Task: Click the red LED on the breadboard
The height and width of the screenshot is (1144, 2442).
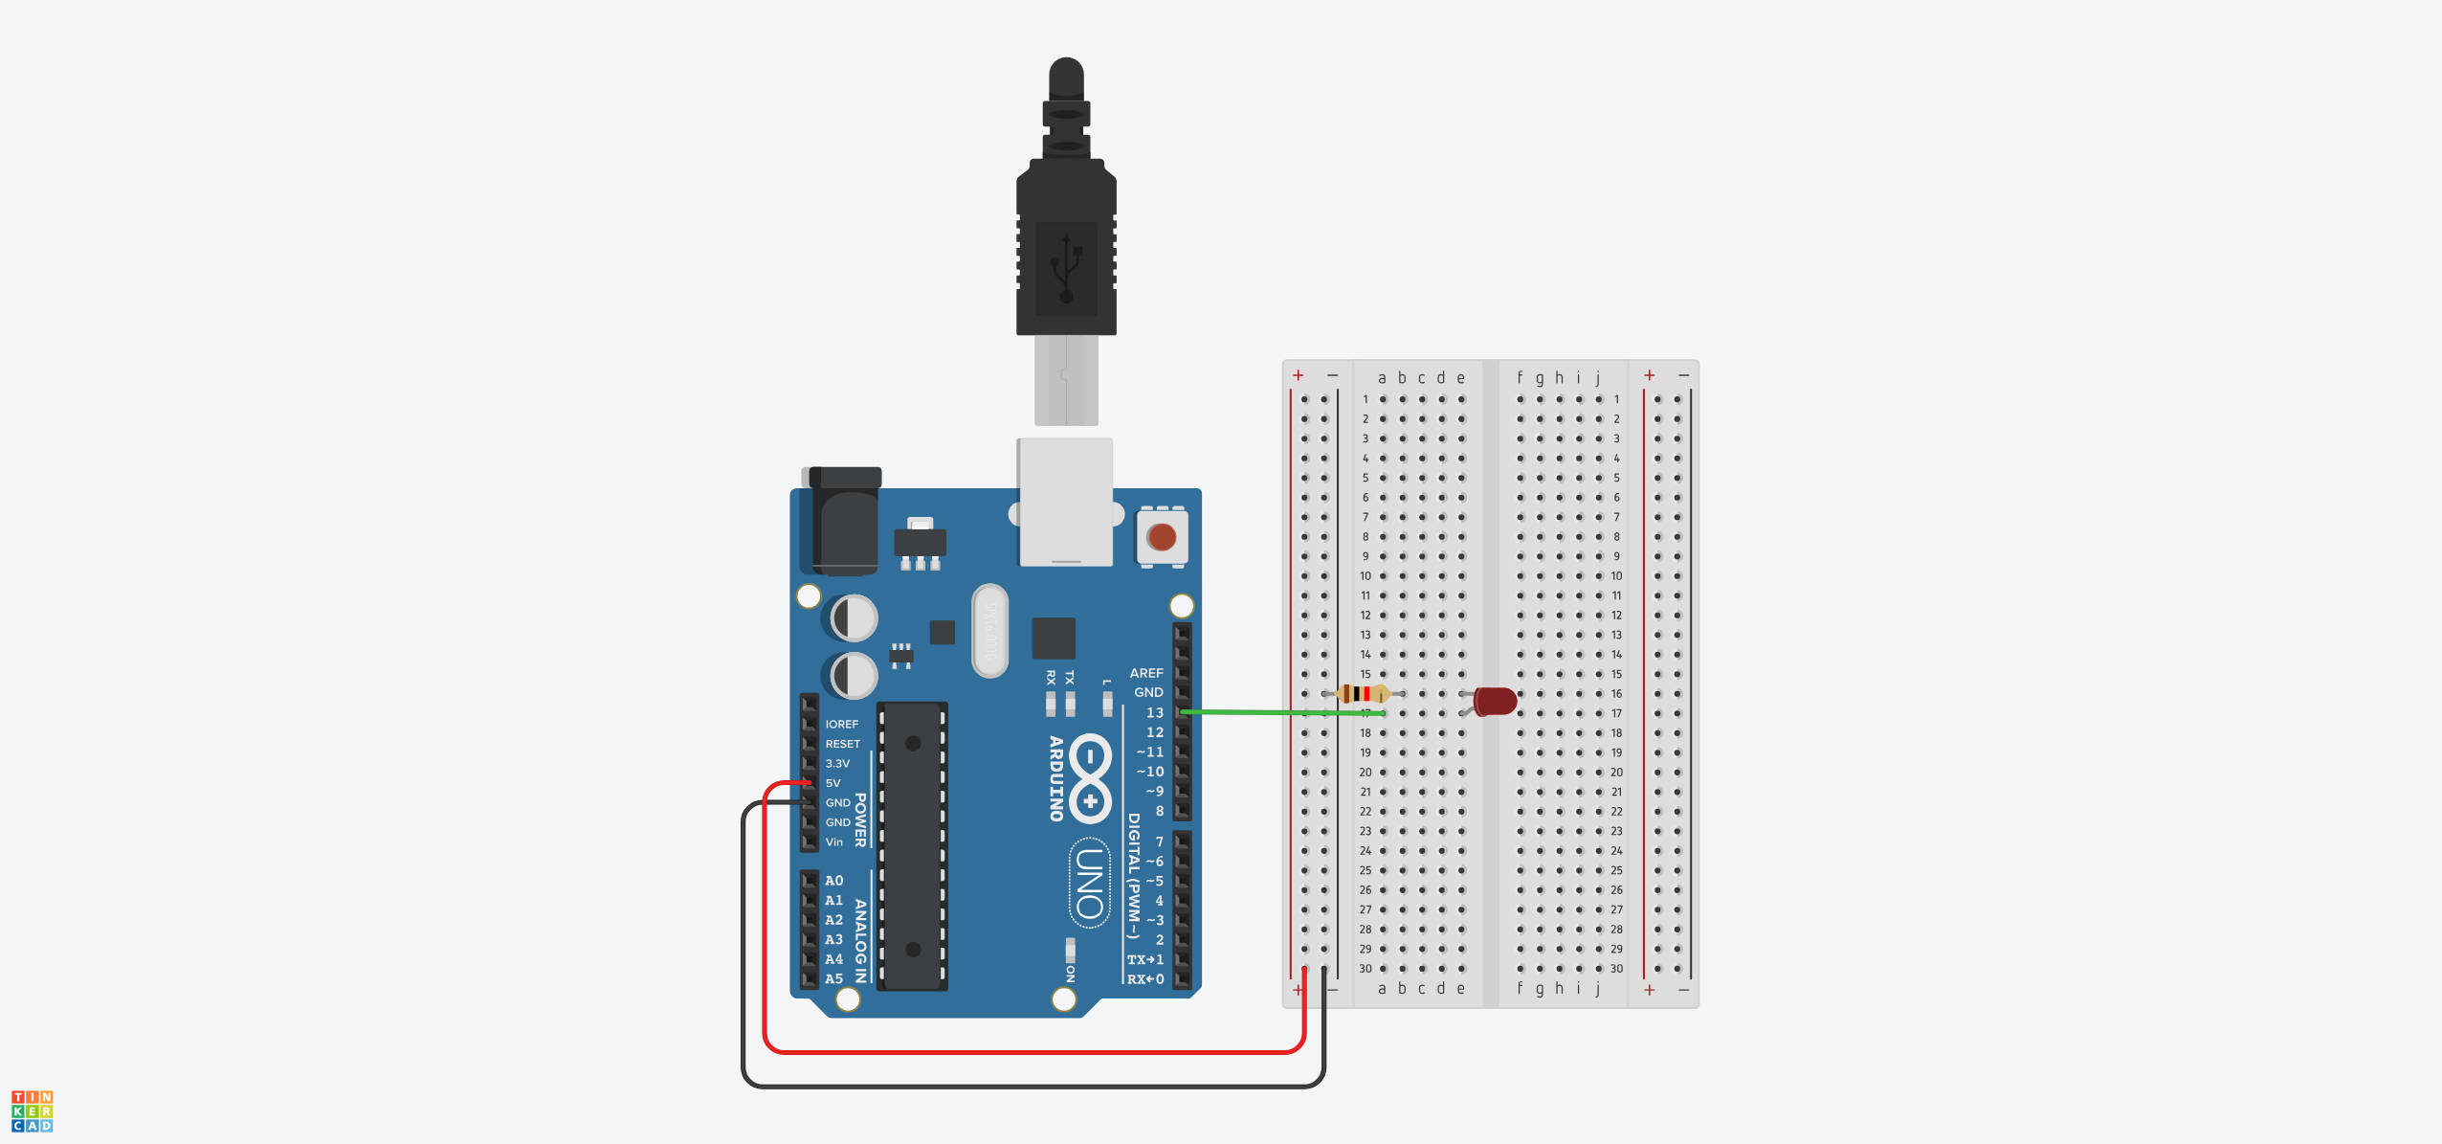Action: pos(1494,702)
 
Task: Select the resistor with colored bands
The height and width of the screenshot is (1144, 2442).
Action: pos(1362,694)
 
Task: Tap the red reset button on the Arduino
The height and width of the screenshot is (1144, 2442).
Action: pos(1162,537)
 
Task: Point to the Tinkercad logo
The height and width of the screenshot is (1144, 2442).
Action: pos(32,1111)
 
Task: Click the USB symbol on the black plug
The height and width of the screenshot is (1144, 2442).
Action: pos(1066,268)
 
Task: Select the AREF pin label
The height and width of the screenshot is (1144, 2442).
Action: pos(1145,673)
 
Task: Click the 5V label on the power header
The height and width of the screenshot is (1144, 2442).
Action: pos(832,783)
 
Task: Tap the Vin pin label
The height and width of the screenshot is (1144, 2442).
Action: pos(834,842)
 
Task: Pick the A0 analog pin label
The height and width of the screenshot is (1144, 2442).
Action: pos(834,881)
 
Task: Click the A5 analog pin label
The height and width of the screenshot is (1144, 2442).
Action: pos(834,979)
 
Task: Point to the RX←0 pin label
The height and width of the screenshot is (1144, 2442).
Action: pos(1145,979)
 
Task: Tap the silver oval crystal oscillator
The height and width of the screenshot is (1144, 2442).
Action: pos(989,631)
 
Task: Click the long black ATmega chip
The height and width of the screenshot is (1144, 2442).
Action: pos(912,846)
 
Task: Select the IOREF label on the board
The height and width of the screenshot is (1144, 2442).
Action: pos(842,725)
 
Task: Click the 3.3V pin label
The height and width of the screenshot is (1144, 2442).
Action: pos(837,764)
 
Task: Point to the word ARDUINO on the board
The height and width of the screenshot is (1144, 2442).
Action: pos(1056,778)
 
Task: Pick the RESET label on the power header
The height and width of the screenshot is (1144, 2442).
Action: pos(842,744)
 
